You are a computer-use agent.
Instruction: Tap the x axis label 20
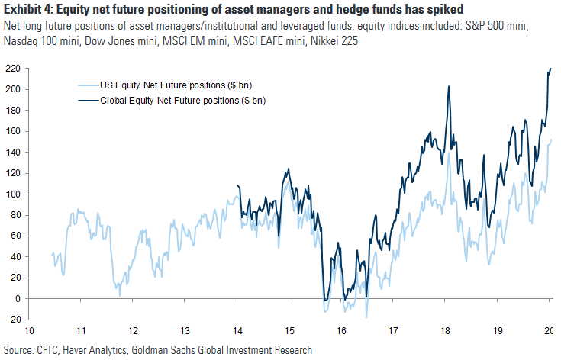pos(549,333)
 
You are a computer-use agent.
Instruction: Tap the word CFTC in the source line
pos(50,350)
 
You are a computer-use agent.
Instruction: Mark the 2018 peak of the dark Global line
pos(448,86)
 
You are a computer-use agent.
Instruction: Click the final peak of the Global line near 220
pos(550,69)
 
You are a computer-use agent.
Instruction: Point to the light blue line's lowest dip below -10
pos(367,317)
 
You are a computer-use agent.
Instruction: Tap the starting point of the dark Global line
pos(238,185)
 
